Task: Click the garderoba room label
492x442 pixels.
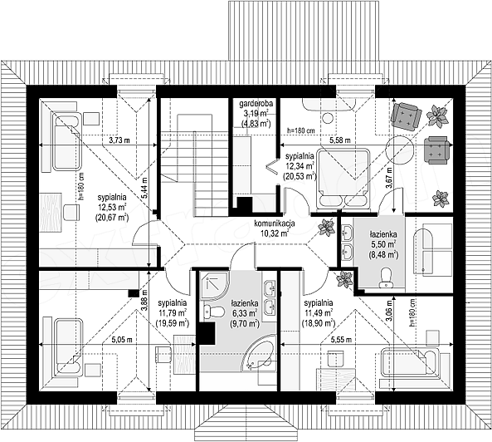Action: coord(256,103)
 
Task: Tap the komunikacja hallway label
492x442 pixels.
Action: coord(275,223)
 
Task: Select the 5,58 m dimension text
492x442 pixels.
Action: coord(340,140)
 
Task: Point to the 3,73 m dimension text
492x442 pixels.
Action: coord(119,140)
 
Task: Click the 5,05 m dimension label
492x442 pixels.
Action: coord(122,340)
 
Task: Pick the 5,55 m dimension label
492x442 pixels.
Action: coord(341,340)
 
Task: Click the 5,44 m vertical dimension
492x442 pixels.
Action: coord(144,188)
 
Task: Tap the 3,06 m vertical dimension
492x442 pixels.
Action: coord(389,311)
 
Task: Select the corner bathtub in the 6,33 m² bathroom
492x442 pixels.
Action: coord(261,353)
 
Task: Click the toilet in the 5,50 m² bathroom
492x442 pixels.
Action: coord(384,277)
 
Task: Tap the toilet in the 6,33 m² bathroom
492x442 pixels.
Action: coord(214,312)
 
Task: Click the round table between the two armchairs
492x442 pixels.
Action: coord(399,150)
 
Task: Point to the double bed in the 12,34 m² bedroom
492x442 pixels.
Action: coord(343,178)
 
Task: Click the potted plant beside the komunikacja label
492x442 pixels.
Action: coord(326,227)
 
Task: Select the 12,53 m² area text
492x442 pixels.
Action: coord(112,208)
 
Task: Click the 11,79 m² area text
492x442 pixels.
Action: coord(172,313)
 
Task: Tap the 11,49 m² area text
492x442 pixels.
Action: coord(318,313)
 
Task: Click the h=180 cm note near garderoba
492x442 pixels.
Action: coord(301,130)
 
